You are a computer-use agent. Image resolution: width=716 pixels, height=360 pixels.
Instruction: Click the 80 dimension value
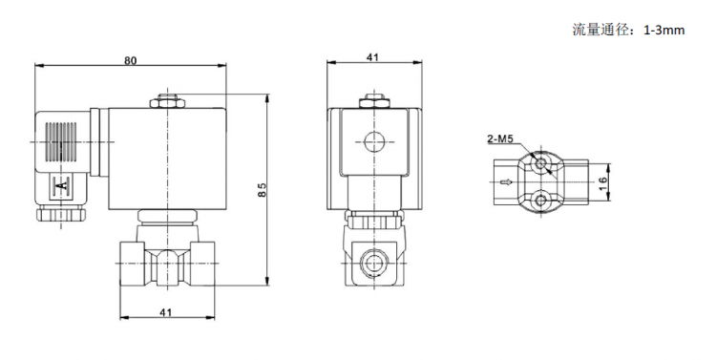[x=131, y=60]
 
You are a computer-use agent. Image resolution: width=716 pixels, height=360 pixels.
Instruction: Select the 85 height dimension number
[x=262, y=190]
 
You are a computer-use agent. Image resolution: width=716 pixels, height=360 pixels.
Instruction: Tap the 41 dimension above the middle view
[x=373, y=57]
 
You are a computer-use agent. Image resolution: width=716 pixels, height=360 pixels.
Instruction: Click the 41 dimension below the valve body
[x=166, y=312]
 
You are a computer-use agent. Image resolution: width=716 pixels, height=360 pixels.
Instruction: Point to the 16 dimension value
[x=602, y=180]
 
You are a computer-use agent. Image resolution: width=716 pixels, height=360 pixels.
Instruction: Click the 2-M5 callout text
[x=499, y=139]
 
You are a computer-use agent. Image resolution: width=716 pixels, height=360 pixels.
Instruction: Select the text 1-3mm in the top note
[x=663, y=31]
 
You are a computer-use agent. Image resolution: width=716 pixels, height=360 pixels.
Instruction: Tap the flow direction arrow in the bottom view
[x=506, y=181]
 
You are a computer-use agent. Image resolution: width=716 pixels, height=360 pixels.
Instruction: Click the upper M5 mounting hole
[x=541, y=163]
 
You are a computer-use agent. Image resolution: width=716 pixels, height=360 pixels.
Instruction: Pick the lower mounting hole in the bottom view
[x=541, y=200]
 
